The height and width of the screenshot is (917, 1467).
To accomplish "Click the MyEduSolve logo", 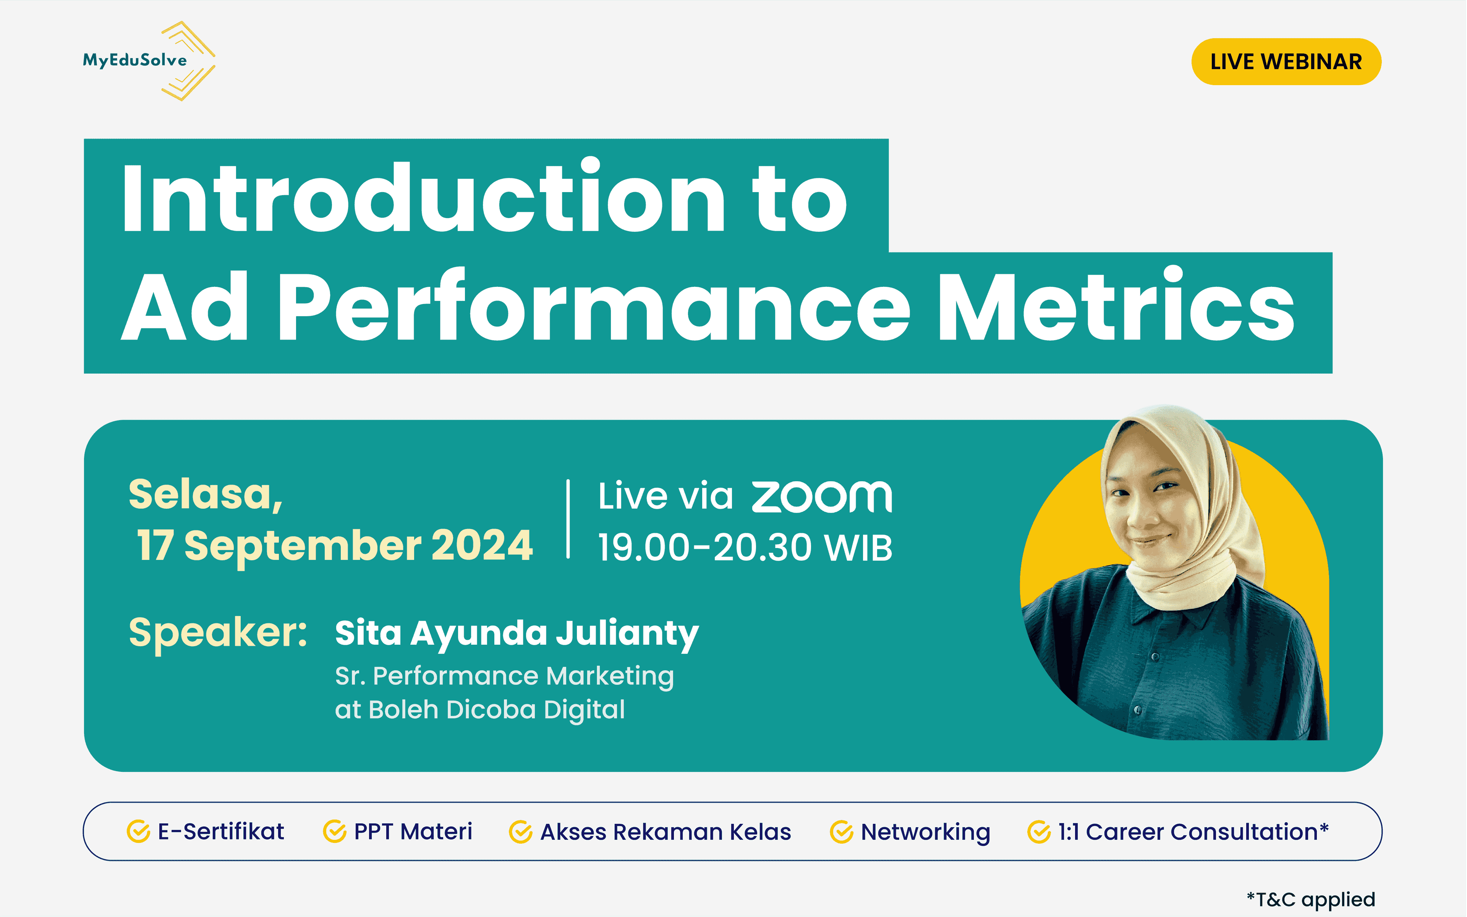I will tap(149, 61).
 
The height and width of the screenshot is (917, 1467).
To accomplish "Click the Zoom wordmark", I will tap(822, 497).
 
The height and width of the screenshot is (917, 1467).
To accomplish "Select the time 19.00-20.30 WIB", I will tap(745, 548).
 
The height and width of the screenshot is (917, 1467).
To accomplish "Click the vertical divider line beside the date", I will tap(568, 519).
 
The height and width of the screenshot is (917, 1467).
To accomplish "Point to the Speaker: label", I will tap(218, 632).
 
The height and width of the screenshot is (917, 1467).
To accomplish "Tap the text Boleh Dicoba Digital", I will tap(496, 710).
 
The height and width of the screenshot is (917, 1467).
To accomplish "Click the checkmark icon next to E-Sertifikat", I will tap(138, 831).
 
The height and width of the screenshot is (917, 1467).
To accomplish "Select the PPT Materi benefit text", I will tap(413, 831).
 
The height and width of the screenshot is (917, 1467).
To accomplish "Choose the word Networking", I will tap(925, 831).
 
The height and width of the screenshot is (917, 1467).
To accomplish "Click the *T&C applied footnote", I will tap(1310, 899).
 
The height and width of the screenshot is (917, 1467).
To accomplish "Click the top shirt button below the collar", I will tap(1155, 657).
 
